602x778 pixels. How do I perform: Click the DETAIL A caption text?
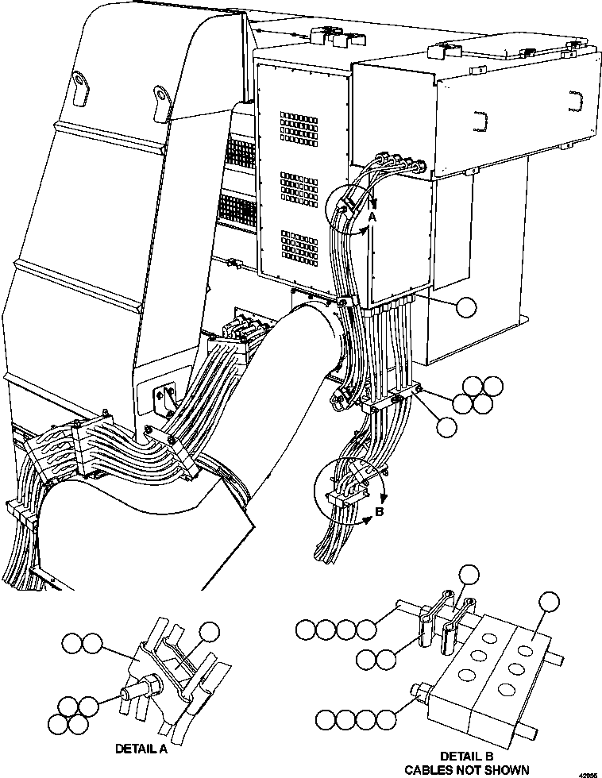click(x=142, y=749)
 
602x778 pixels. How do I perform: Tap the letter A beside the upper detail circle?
click(x=371, y=217)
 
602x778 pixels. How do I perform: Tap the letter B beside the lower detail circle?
click(x=379, y=511)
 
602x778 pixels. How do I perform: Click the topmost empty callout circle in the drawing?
click(x=468, y=307)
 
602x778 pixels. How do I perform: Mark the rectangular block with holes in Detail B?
click(x=488, y=670)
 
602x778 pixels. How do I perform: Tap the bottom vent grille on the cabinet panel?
click(x=298, y=247)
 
